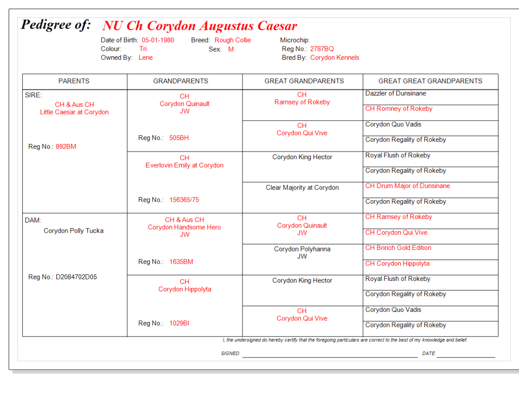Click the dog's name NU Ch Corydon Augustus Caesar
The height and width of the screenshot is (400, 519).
[199, 26]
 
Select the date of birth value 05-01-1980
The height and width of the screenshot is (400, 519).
[158, 40]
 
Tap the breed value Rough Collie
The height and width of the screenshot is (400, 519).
[232, 40]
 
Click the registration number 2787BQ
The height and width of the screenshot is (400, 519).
[322, 49]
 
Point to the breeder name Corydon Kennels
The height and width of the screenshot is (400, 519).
[334, 58]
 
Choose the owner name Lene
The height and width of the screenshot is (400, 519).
[146, 58]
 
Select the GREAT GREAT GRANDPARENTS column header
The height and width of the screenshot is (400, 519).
[430, 81]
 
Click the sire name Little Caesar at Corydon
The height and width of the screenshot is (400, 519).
[75, 112]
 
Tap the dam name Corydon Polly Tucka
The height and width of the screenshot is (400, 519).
[74, 231]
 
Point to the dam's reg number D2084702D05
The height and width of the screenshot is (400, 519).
[76, 277]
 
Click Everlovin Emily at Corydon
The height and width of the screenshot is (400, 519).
[184, 165]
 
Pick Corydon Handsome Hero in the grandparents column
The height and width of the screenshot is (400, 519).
[184, 227]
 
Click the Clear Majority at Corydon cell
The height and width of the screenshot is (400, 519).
[302, 188]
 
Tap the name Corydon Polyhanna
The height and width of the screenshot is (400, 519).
[302, 249]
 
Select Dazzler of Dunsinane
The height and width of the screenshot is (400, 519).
[396, 93]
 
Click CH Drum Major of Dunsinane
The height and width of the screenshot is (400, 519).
[407, 186]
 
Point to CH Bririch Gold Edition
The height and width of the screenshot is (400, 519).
[398, 248]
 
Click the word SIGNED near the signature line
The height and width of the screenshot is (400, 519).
[230, 353]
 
